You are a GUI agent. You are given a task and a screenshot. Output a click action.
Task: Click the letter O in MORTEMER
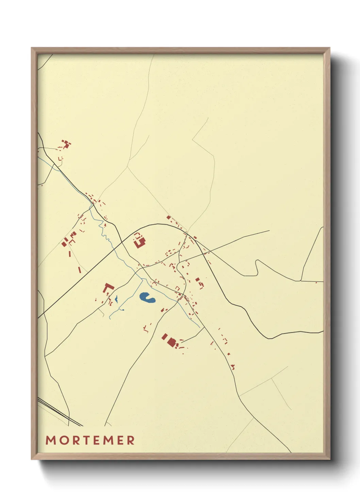pyautogui.click(x=61, y=440)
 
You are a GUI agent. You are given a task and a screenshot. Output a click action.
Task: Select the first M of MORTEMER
pyautogui.click(x=50, y=440)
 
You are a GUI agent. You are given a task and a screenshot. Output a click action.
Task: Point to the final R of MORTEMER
pyautogui.click(x=131, y=440)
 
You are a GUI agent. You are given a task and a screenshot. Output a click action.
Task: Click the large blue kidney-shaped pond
pyautogui.click(x=147, y=298)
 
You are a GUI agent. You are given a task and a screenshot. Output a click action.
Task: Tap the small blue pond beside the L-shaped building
pyautogui.click(x=116, y=299)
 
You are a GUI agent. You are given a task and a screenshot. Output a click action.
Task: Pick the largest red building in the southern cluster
pyautogui.click(x=171, y=342)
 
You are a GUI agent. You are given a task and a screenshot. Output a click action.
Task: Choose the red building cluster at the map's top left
pyautogui.click(x=66, y=144)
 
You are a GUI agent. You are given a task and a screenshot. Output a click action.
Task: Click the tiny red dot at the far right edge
pyautogui.click(x=316, y=282)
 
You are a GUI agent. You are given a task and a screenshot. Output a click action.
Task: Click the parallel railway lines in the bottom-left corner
pyautogui.click(x=60, y=413)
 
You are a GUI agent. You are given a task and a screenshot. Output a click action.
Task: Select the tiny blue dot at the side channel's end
pyautogui.click(x=122, y=310)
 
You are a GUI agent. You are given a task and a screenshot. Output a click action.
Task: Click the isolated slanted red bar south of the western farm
pyautogui.click(x=80, y=270)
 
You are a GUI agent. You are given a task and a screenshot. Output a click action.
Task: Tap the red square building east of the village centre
pyautogui.click(x=198, y=280)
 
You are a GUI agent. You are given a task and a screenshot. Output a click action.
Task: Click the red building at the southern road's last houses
pyautogui.click(x=233, y=367)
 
